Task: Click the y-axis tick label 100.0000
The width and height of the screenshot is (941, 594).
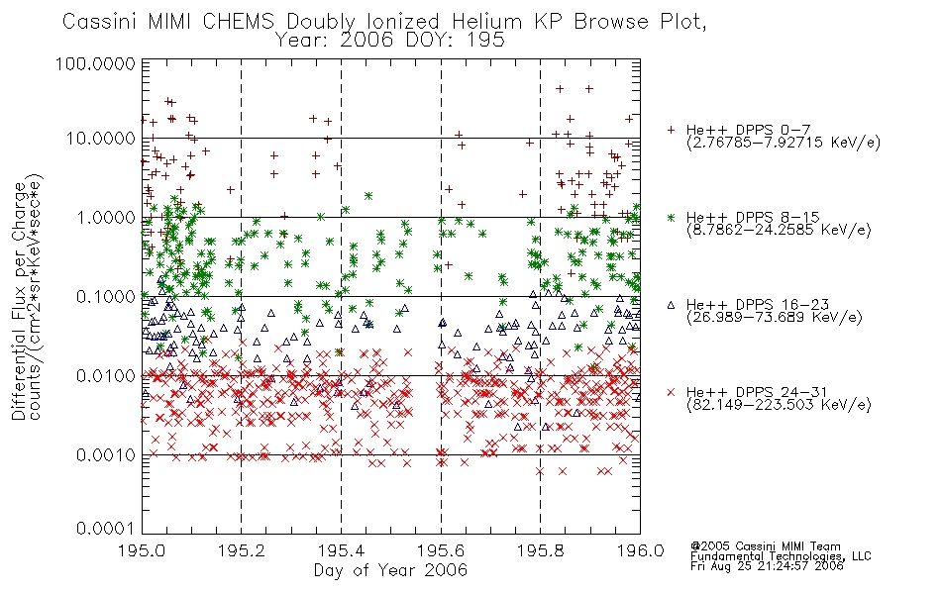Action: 95,63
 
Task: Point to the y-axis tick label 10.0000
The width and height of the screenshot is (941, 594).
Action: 100,139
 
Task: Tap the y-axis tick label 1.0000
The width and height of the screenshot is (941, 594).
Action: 106,217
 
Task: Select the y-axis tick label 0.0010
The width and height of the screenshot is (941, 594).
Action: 106,454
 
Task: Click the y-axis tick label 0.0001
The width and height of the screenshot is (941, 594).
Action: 106,529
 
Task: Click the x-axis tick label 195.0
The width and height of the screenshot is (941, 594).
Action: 143,550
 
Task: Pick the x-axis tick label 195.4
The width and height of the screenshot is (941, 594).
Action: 341,550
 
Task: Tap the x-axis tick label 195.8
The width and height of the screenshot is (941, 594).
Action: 540,550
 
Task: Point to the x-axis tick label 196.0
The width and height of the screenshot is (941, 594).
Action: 640,550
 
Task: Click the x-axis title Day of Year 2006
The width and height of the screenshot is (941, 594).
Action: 390,570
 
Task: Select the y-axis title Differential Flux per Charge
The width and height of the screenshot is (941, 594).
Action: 19,301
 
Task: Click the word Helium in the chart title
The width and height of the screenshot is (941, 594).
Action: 486,22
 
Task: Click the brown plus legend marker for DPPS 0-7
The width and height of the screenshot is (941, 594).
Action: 671,130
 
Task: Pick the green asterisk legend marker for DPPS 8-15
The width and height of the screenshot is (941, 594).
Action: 671,217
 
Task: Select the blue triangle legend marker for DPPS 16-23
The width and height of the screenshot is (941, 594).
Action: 671,305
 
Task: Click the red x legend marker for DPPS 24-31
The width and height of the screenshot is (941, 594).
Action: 671,392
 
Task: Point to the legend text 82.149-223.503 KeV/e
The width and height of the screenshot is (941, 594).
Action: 779,404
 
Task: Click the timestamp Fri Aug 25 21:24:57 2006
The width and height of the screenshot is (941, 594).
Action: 767,565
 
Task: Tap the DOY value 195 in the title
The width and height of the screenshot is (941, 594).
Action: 488,41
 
